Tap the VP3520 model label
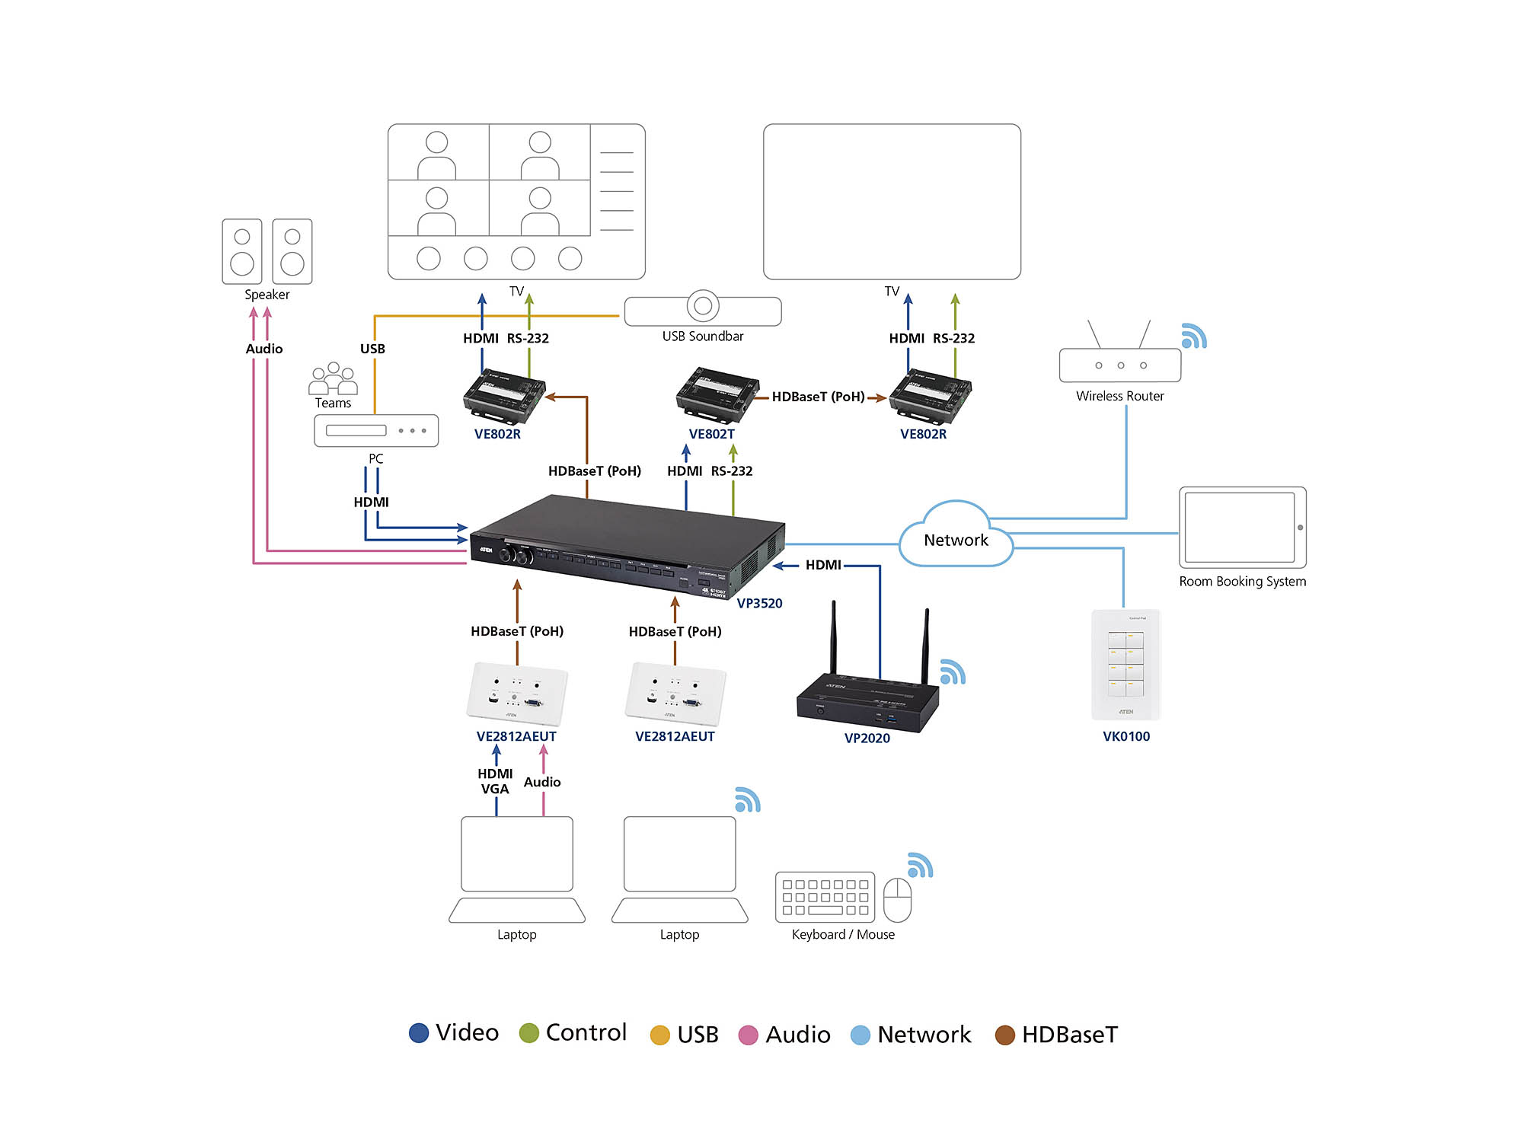[x=759, y=603]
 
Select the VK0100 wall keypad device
[x=1125, y=665]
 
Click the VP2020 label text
[x=867, y=738]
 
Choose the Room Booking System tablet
[x=1242, y=528]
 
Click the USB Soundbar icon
[x=703, y=308]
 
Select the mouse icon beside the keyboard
[x=897, y=899]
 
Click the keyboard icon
[x=825, y=897]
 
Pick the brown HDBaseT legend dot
[x=1004, y=1035]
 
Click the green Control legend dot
[x=528, y=1033]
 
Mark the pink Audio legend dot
[x=748, y=1035]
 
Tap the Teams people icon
[x=333, y=378]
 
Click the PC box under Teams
[x=376, y=431]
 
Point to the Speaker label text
[x=267, y=295]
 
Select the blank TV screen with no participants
[x=892, y=202]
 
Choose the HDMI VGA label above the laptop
[x=495, y=781]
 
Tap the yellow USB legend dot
[x=659, y=1035]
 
